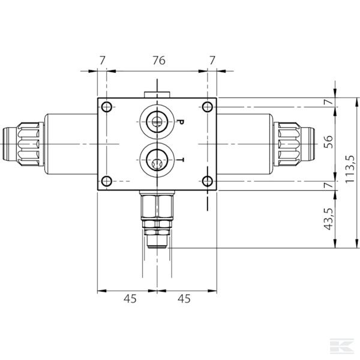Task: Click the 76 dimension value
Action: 158,60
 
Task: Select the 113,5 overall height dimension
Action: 347,172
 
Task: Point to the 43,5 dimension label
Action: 328,220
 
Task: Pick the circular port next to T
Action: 156,161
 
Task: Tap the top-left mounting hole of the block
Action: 107,107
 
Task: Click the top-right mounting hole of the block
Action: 207,107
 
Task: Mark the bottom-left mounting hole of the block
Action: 107,181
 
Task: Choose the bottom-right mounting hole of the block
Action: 207,181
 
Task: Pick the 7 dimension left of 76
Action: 102,60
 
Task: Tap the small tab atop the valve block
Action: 157,94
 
